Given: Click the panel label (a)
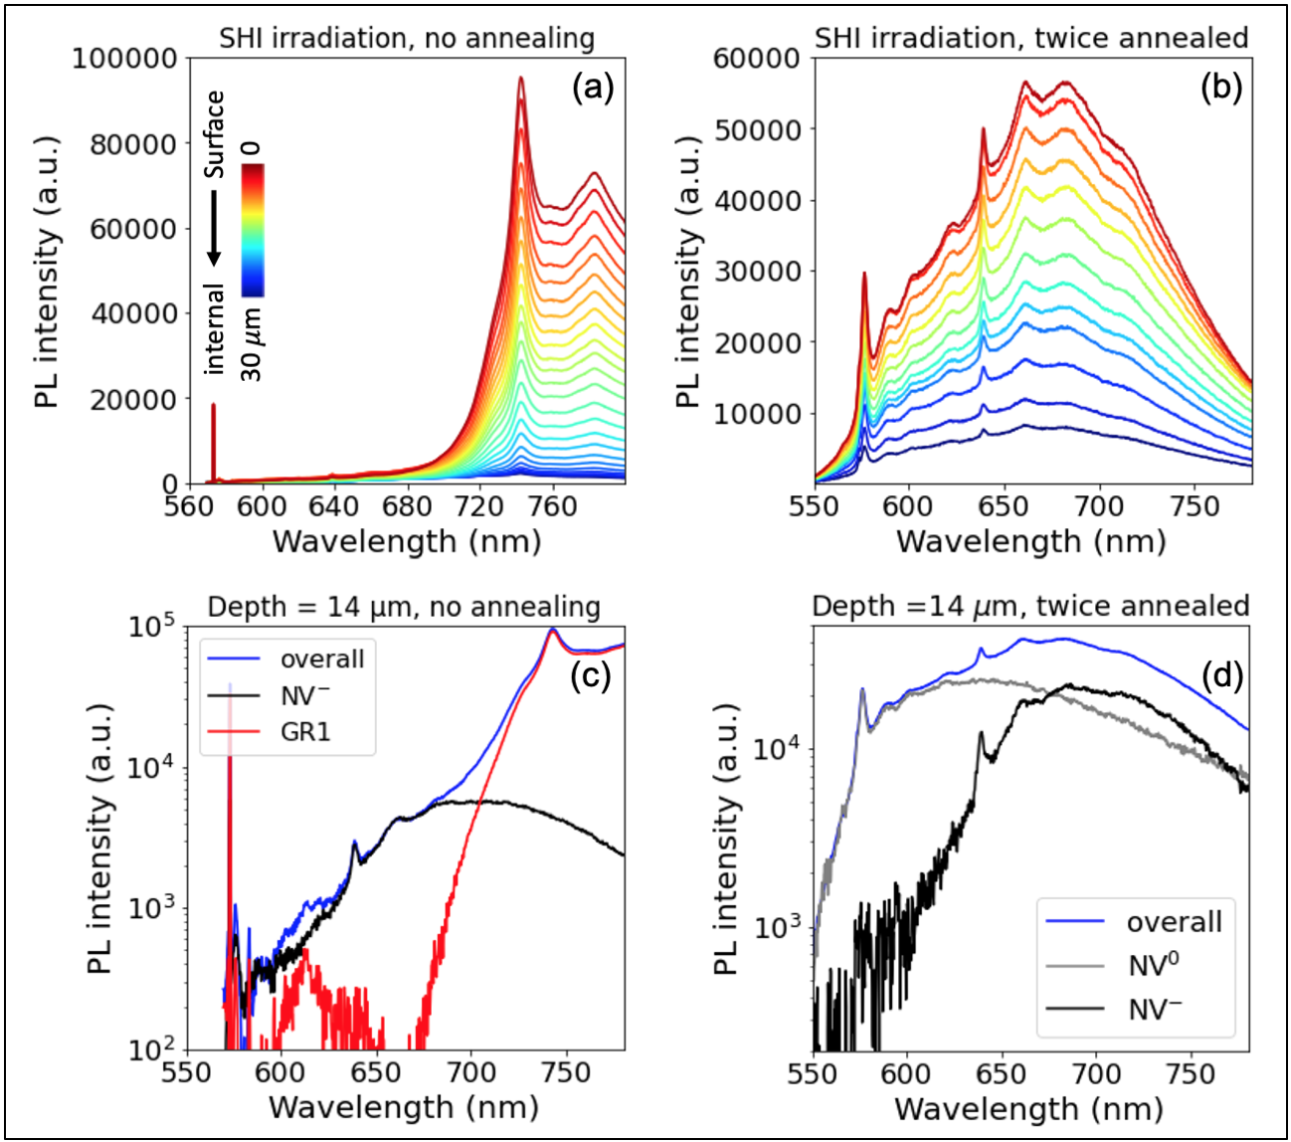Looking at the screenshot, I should [x=593, y=89].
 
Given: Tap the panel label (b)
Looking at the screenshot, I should [x=1220, y=89].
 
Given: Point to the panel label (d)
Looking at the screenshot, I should [x=1222, y=676].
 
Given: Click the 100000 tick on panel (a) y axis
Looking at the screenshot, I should [x=124, y=58].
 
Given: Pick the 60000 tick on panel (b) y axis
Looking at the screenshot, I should [x=757, y=58].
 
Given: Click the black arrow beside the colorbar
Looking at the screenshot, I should [x=214, y=230].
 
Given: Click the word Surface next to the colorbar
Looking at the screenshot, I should [x=215, y=134].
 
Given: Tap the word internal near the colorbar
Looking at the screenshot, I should [x=215, y=329].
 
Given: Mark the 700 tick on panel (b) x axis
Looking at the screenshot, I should [x=1099, y=506].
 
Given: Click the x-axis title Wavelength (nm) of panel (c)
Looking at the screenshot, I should [x=404, y=1107].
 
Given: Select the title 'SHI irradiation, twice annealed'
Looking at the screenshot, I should [x=1031, y=38].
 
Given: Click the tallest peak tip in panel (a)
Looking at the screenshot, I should [x=520, y=78].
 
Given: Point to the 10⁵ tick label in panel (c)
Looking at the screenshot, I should [x=151, y=628].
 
